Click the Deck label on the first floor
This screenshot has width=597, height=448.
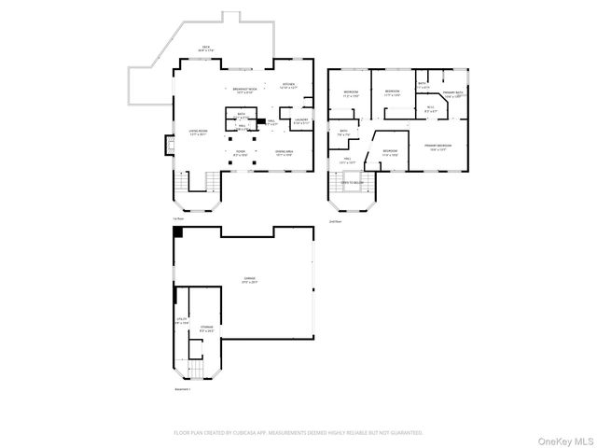pos(205,47)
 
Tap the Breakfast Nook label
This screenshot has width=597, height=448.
pos(245,90)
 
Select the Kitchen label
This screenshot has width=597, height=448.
pos(288,86)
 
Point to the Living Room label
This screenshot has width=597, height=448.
pos(199,133)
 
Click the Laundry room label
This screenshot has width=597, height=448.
pos(301,120)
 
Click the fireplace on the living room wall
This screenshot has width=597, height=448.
pos(170,145)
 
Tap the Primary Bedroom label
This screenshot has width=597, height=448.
pos(438,147)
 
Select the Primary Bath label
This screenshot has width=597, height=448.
pos(452,93)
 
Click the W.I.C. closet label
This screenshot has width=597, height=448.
pos(430,109)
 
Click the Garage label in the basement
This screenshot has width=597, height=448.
pos(250,279)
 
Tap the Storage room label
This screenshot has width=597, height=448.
pos(206,329)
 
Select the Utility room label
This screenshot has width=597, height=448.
pos(183,321)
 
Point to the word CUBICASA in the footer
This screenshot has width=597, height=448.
pos(245,433)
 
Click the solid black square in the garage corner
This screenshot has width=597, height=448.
pos(178,231)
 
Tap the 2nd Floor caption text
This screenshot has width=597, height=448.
pos(335,221)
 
